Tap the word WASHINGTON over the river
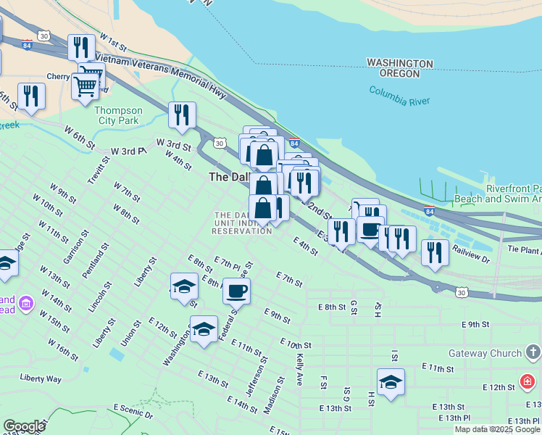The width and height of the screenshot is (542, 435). (x=400, y=63)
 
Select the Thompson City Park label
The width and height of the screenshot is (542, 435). (x=119, y=116)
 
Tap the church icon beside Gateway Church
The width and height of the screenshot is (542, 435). (x=533, y=353)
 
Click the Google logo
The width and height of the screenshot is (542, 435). (x=24, y=426)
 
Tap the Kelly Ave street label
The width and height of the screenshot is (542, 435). (x=299, y=368)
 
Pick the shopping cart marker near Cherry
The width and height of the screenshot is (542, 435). (x=86, y=86)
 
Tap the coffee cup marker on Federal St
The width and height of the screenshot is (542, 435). (x=236, y=291)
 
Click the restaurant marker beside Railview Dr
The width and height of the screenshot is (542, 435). (x=435, y=253)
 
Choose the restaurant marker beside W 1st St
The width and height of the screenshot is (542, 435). (x=81, y=48)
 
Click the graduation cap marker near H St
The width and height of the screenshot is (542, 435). (x=391, y=382)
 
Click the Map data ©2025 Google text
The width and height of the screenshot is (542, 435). (x=497, y=429)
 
